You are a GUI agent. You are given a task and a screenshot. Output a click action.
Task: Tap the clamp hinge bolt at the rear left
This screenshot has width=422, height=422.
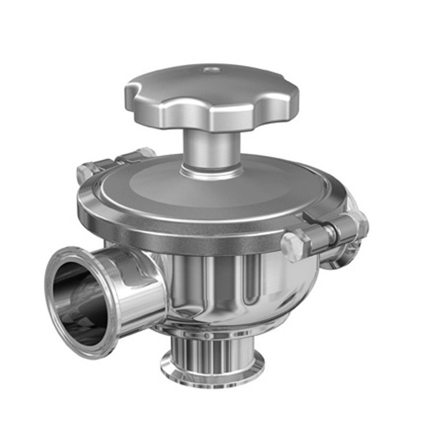[85, 172]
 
